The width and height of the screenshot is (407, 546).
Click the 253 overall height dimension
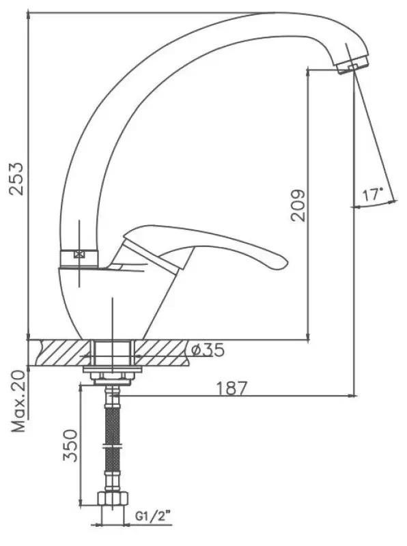[16, 178]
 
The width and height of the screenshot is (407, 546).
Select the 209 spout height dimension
[298, 205]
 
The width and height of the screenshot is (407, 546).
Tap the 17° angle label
[372, 195]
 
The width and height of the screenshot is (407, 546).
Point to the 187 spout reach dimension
[231, 388]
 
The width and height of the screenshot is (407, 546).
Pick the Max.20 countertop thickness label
[19, 401]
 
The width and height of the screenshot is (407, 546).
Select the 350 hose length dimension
[70, 446]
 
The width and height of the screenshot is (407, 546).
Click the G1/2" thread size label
[153, 516]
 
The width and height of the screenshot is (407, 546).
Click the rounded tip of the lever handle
[283, 263]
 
